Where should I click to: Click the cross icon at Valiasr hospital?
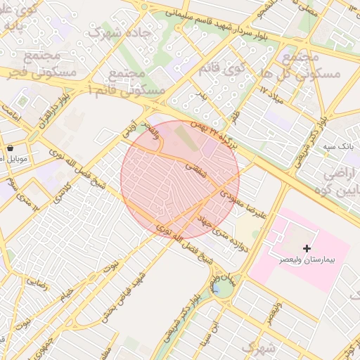[x=307, y=248]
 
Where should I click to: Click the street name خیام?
[x=67, y=291]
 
